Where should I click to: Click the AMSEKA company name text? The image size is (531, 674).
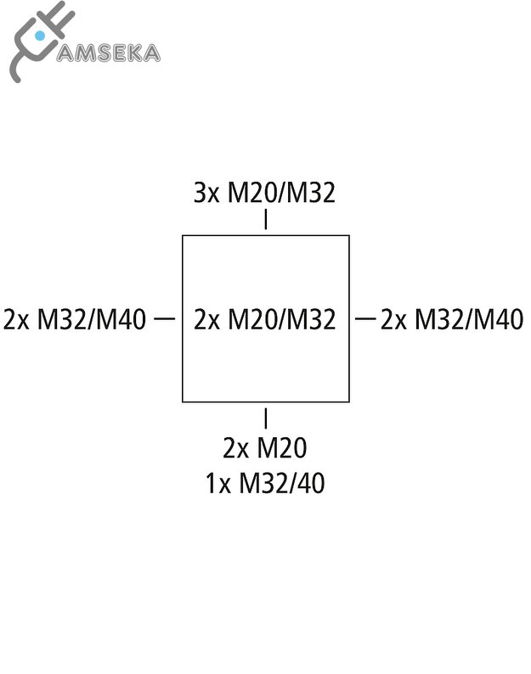[108, 53]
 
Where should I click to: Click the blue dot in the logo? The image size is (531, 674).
[39, 37]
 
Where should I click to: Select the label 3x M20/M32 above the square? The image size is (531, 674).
[265, 194]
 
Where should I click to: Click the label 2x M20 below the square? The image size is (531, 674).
[265, 447]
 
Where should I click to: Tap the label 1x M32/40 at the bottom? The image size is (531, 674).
[265, 483]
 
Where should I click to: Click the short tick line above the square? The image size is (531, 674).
[266, 220]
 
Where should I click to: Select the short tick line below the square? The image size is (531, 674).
[266, 418]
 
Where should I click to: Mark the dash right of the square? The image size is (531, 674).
[365, 318]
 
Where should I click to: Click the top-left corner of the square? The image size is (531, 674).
[183, 236]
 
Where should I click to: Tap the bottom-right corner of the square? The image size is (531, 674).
[349, 401]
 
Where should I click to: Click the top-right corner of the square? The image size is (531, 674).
[349, 236]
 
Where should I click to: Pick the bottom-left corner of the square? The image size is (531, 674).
[183, 401]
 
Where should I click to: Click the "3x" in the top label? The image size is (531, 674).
[206, 194]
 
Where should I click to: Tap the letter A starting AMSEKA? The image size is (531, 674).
[65, 53]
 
